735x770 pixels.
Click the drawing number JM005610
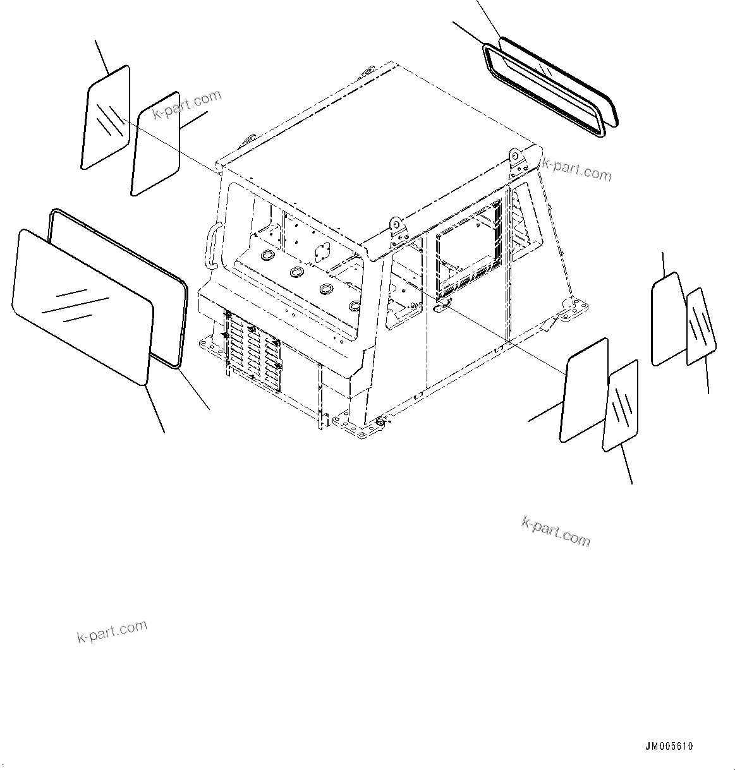(669, 746)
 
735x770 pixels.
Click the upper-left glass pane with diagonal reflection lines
(106, 117)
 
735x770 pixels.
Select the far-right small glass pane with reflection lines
(701, 327)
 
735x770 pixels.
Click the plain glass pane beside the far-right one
(667, 319)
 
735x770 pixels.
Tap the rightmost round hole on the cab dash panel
(355, 306)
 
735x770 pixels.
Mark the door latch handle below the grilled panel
(442, 304)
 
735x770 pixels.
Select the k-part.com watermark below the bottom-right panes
(556, 530)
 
